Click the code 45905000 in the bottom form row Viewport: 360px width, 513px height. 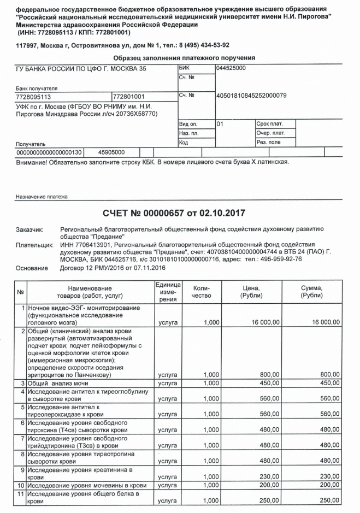click(x=111, y=152)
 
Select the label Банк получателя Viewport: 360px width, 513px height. click(x=36, y=87)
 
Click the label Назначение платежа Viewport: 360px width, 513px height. click(x=42, y=197)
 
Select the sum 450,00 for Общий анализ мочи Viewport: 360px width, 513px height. click(x=328, y=383)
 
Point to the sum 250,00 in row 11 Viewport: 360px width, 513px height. click(x=328, y=500)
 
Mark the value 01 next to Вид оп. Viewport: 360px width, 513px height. click(x=220, y=124)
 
